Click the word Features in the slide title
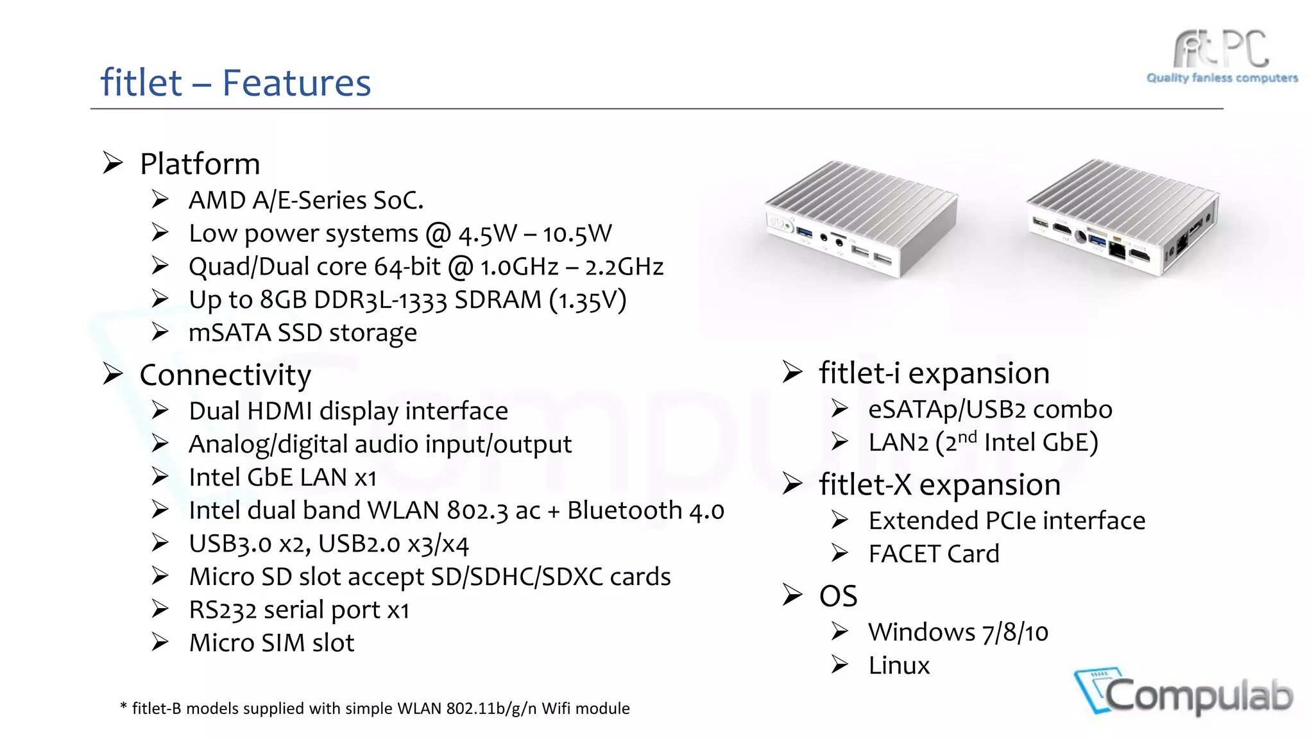point(296,83)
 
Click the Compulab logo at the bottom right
point(1184,693)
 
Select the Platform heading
point(200,164)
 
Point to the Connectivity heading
point(225,375)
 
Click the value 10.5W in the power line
point(577,234)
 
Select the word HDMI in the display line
point(279,411)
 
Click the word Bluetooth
point(624,511)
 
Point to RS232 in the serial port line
point(222,610)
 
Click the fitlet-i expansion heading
point(934,373)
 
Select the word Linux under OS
point(899,666)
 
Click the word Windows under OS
point(921,633)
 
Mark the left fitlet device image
point(862,218)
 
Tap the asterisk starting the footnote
point(123,707)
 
